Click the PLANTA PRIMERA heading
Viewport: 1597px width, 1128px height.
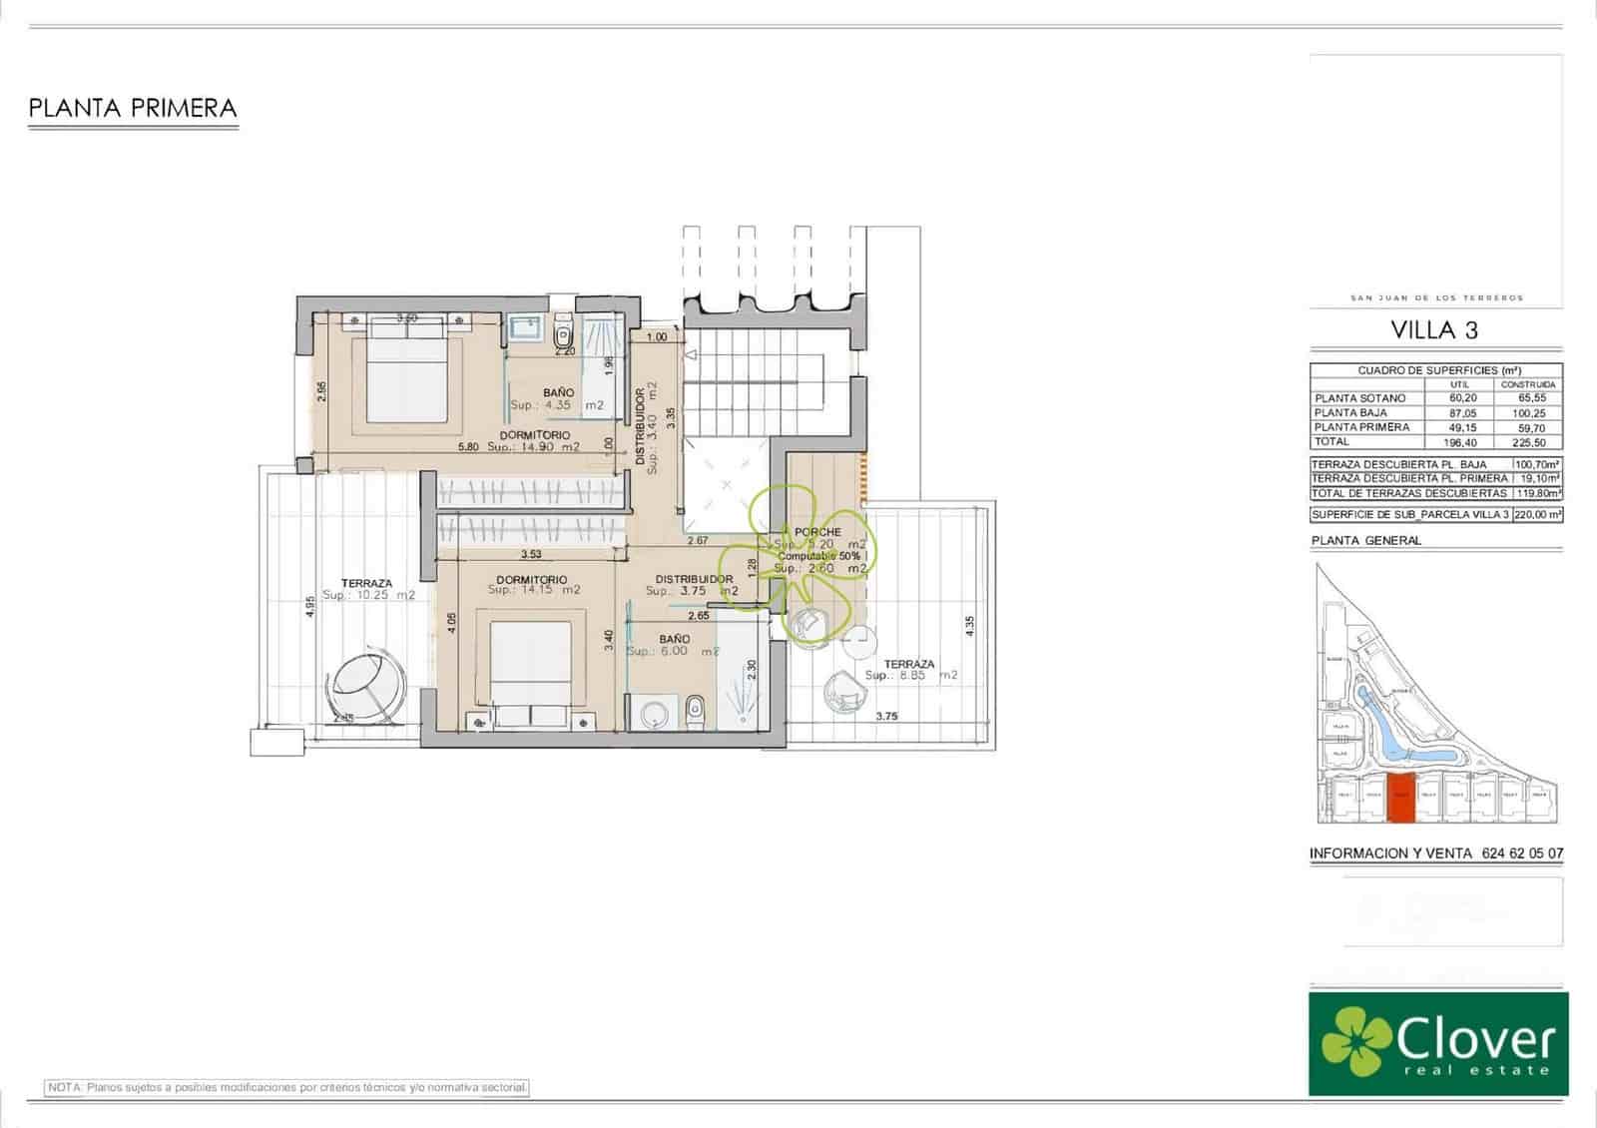[133, 108]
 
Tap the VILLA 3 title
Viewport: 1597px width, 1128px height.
[1434, 330]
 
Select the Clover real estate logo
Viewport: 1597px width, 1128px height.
[1438, 1043]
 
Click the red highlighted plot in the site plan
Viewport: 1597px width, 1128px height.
[1402, 799]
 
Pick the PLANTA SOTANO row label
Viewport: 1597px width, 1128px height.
[1360, 398]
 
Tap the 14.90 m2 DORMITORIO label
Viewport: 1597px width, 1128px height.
[535, 441]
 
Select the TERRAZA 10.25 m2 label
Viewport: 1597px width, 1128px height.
[366, 589]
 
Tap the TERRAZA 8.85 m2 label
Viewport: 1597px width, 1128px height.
[909, 669]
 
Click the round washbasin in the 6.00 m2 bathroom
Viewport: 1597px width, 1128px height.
[655, 714]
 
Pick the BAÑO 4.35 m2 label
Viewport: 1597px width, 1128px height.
[558, 399]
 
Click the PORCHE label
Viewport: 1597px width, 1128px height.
[817, 532]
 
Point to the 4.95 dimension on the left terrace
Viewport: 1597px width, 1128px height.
[309, 608]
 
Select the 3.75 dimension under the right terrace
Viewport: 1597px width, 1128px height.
[886, 716]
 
